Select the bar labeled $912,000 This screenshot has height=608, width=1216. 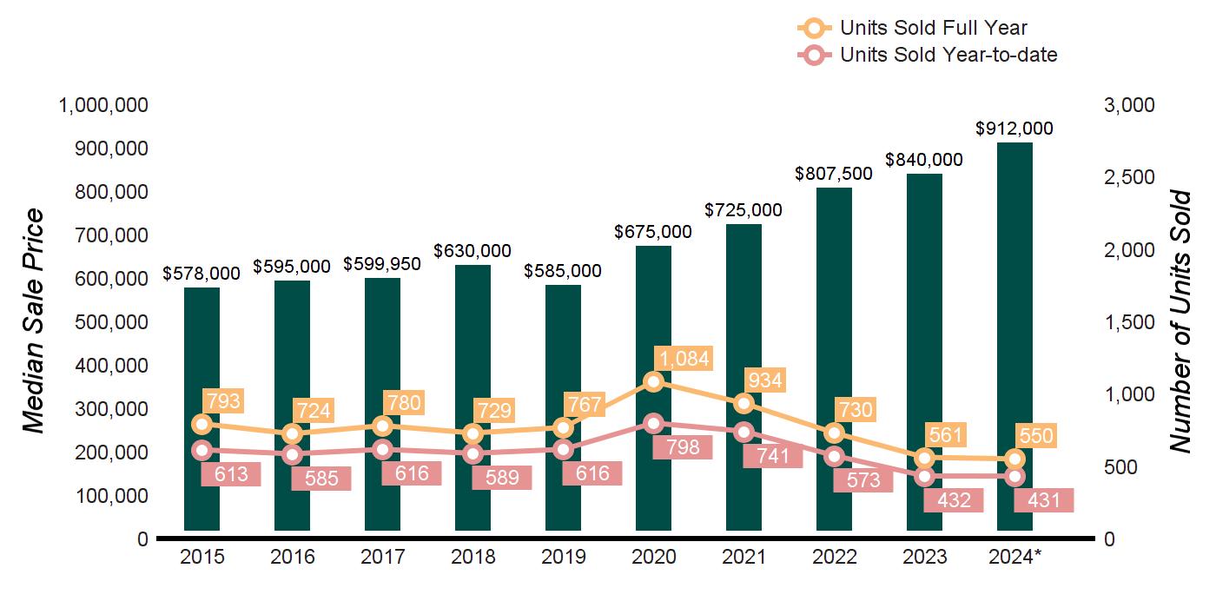pos(1014,261)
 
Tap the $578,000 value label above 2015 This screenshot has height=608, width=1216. pos(202,273)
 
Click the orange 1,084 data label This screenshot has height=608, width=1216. pos(684,357)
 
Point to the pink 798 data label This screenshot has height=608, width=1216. pos(684,448)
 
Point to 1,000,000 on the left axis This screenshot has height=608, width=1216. pos(102,105)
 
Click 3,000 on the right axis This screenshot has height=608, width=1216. pos(1130,105)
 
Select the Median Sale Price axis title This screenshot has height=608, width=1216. pos(33,321)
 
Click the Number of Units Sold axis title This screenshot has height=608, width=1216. pos(1180,321)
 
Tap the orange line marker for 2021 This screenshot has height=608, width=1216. pos(743,404)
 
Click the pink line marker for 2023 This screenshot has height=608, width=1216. pos(924,476)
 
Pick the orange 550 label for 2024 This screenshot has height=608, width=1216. pos(1036,437)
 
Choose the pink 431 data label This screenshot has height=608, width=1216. pos(1044,501)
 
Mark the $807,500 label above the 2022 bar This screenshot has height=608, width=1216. pos(834,174)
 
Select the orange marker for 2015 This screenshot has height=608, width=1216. pos(202,424)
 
